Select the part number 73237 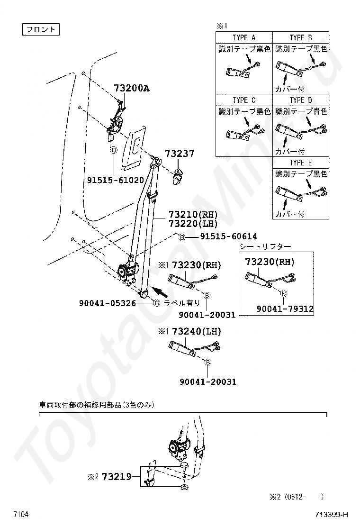(x=180, y=154)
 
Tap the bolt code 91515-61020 (x=116, y=180)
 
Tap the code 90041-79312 (x=285, y=309)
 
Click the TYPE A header (x=244, y=37)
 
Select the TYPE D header (x=301, y=100)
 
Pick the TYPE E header (x=301, y=163)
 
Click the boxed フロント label (x=41, y=29)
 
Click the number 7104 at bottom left (x=21, y=514)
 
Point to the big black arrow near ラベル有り (x=162, y=291)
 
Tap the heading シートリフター (x=265, y=246)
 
